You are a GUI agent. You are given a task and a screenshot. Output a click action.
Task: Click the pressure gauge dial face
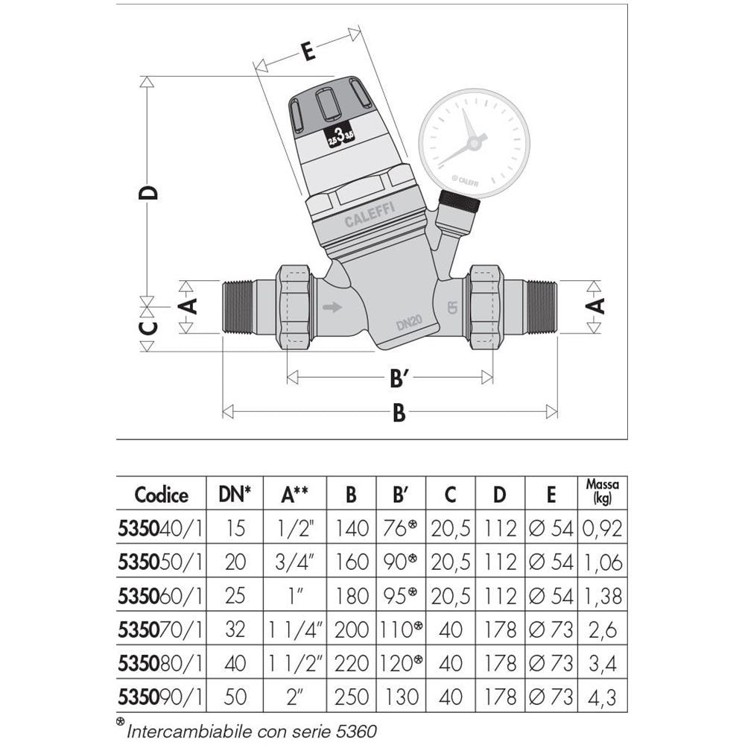coord(474,141)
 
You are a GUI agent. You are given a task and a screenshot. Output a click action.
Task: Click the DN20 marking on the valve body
coord(410,322)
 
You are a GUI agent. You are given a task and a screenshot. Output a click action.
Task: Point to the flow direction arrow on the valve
coord(332,307)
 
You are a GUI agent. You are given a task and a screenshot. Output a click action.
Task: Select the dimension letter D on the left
coord(149,192)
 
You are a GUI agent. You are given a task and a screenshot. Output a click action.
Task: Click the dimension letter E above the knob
coord(306,51)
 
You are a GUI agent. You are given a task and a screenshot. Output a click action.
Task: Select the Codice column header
coord(161,495)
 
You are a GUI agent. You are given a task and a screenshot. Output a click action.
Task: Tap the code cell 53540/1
coord(161,528)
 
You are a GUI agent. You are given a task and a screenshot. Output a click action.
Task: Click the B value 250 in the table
coord(351,697)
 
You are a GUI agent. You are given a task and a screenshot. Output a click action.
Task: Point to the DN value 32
coord(235,630)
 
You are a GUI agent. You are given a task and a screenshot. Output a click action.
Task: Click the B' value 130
coord(400,697)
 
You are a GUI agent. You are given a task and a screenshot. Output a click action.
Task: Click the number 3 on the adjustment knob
coord(339,135)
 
